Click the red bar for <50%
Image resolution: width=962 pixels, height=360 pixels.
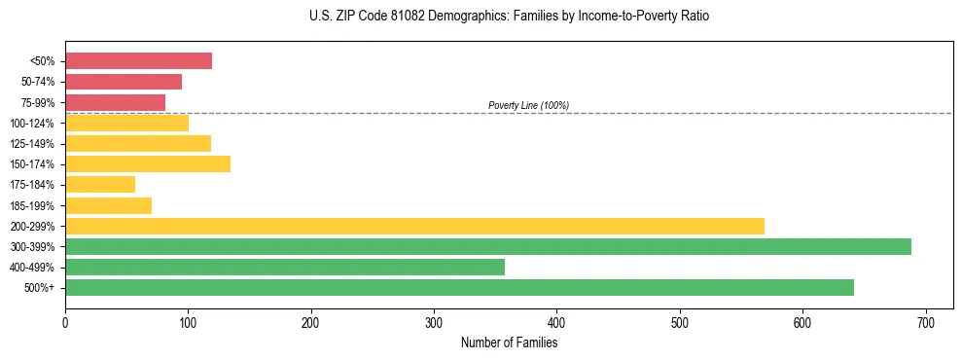click(138, 61)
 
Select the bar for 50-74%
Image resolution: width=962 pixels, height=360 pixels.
click(124, 82)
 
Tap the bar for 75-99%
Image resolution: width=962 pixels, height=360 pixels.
click(115, 102)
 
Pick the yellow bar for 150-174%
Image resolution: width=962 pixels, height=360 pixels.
click(148, 163)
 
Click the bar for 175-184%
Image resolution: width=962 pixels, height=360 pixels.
click(100, 184)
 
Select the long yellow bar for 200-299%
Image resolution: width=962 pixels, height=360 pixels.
click(414, 226)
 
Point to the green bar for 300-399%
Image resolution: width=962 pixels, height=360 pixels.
click(488, 246)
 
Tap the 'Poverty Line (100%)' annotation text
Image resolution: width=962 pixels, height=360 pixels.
click(528, 105)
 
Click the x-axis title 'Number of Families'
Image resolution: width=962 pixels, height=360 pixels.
click(509, 342)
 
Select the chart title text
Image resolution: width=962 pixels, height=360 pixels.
click(510, 17)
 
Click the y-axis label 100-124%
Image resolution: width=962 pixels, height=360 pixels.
click(32, 124)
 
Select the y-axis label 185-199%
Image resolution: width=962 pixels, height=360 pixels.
click(32, 205)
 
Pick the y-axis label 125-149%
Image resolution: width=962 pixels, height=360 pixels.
click(32, 144)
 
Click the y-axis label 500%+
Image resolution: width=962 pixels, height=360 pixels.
click(39, 288)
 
